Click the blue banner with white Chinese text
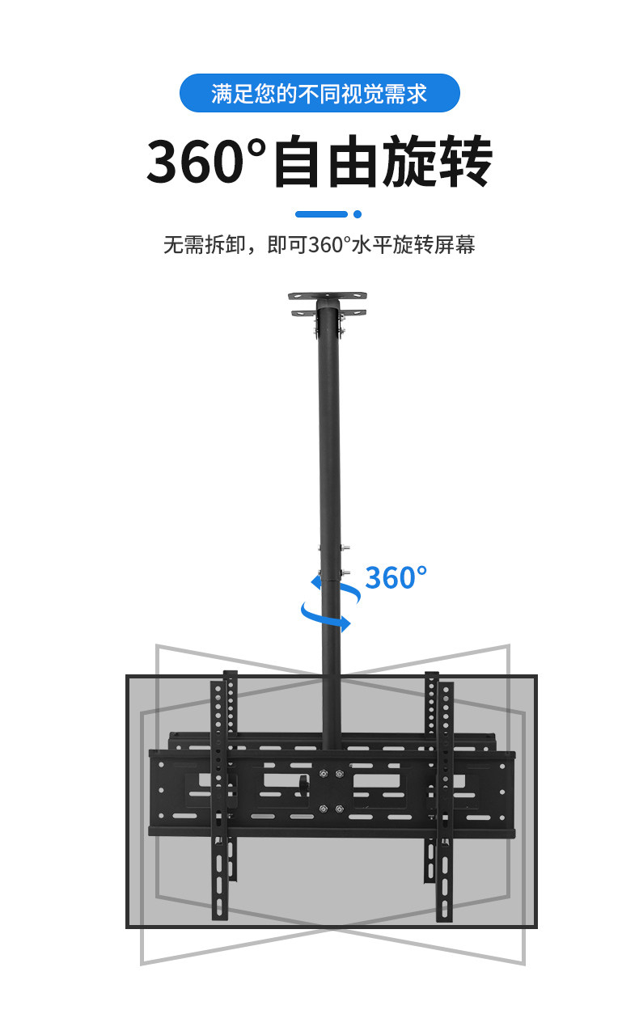(319, 94)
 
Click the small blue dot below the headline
(358, 214)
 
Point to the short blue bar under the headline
(321, 214)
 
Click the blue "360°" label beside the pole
(396, 577)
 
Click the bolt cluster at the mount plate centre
(331, 792)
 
